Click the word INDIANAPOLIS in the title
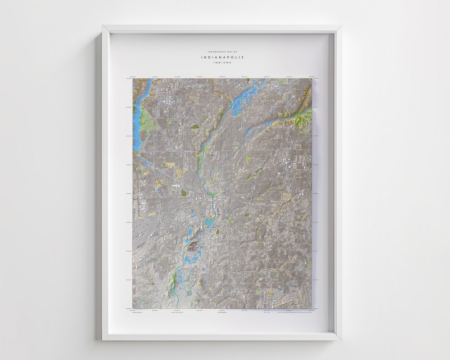(x=222, y=57)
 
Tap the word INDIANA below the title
(x=222, y=63)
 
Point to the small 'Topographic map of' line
(x=222, y=52)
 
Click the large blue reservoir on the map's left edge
(x=137, y=121)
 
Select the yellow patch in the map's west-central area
(x=170, y=164)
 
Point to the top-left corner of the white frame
(x=103, y=27)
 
